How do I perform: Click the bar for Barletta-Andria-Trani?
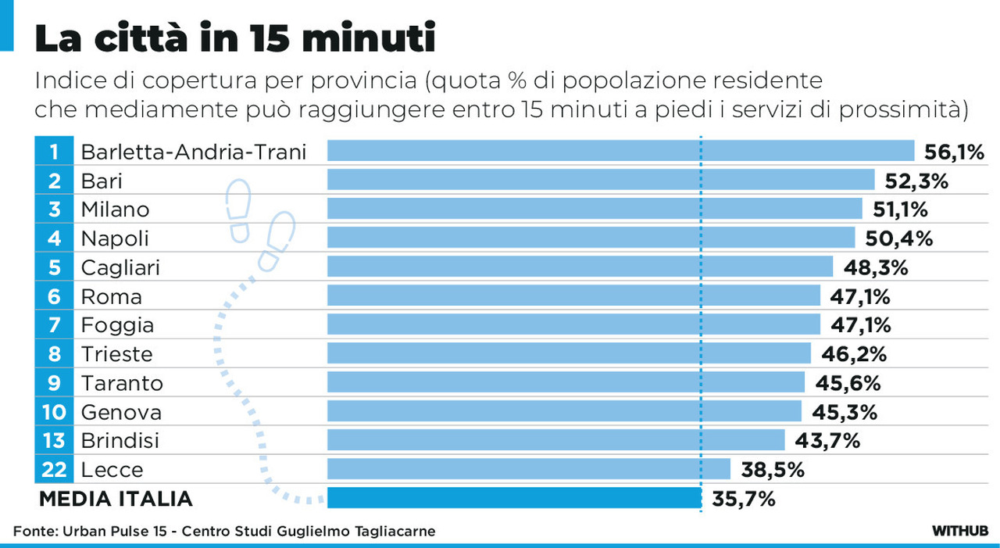click(620, 151)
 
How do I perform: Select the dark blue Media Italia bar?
click(514, 498)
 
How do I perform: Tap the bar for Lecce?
click(528, 469)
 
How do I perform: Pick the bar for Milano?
click(594, 209)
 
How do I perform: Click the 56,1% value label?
click(953, 152)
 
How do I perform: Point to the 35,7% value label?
click(743, 499)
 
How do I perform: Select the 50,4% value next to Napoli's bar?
click(899, 238)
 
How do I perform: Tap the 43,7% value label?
click(827, 441)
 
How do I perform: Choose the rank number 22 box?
click(54, 470)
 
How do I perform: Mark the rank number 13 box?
click(54, 441)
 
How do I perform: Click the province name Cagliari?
click(120, 268)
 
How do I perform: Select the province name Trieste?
click(117, 354)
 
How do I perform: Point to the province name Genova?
click(121, 412)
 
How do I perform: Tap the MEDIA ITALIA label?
click(116, 499)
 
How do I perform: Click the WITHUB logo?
click(960, 531)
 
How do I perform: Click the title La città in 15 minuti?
click(234, 38)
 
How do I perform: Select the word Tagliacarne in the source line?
click(395, 532)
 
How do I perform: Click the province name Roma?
click(112, 297)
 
